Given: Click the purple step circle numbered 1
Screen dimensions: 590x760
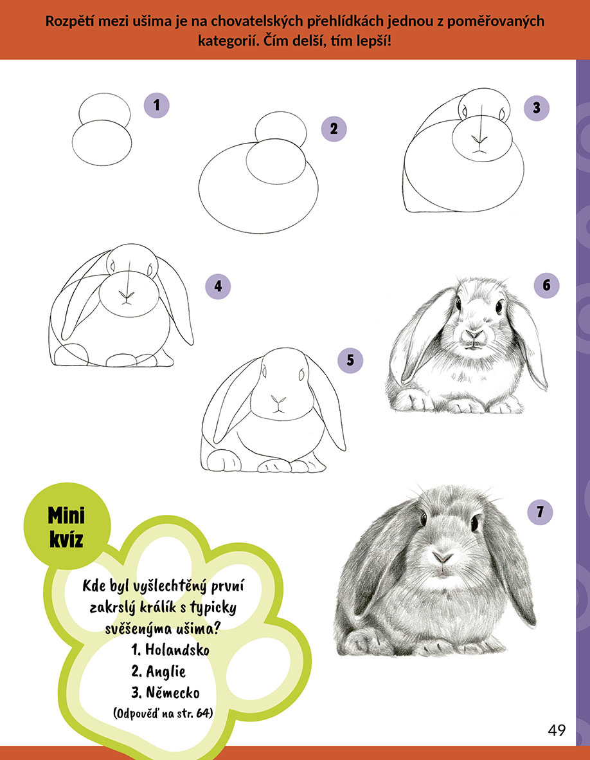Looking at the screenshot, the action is click(x=156, y=105).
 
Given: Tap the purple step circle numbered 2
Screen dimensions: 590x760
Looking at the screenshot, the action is click(x=334, y=129).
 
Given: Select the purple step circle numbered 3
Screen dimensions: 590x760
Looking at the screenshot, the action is click(x=537, y=107).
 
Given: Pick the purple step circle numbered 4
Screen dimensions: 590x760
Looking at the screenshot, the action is click(x=218, y=286).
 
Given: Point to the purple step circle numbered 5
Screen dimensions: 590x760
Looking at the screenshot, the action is click(x=350, y=360).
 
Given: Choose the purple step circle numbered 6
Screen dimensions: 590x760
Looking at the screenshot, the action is click(x=546, y=285).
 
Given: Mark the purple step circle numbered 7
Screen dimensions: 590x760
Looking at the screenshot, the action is click(x=540, y=512).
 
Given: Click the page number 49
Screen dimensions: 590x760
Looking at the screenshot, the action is click(x=557, y=730).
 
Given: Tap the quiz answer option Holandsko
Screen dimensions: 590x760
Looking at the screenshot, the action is click(x=170, y=649).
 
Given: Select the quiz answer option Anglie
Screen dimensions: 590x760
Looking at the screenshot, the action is click(x=158, y=671).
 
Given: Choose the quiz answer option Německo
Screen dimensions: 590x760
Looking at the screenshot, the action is click(x=165, y=692).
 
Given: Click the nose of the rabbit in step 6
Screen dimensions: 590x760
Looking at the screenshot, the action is click(x=474, y=335).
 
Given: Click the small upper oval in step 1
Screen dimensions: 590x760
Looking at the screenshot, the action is click(x=105, y=109).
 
